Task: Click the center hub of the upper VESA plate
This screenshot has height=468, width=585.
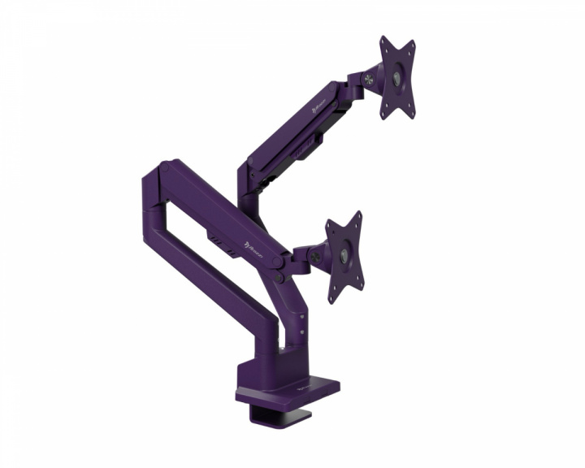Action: click(396, 78)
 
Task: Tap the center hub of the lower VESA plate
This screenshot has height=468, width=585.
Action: click(344, 256)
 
